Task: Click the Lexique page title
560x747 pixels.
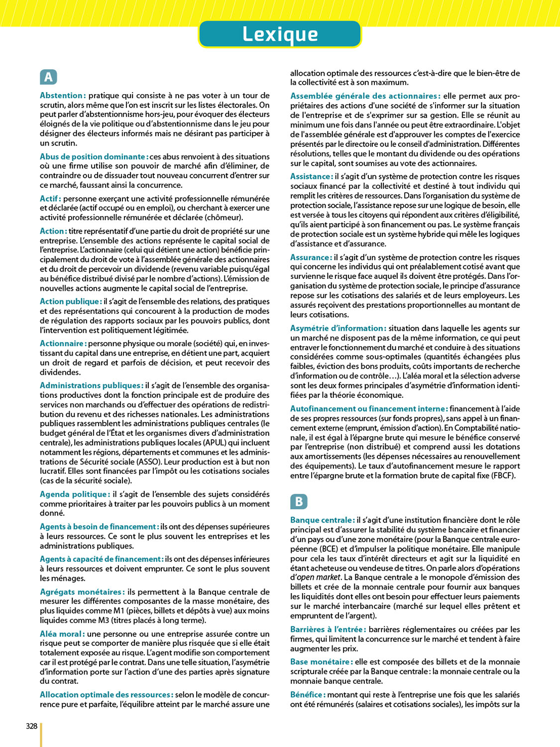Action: click(x=280, y=34)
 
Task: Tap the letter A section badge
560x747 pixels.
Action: click(x=48, y=77)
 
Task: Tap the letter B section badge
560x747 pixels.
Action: click(x=299, y=501)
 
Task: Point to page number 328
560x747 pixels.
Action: click(x=31, y=726)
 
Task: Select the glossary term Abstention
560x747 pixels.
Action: click(x=62, y=96)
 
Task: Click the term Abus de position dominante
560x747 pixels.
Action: click(x=94, y=156)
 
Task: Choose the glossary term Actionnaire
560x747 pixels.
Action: click(x=63, y=344)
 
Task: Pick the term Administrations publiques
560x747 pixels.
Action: click(x=91, y=385)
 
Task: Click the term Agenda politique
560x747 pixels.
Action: click(x=74, y=495)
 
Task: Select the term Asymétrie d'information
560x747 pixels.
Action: click(x=338, y=328)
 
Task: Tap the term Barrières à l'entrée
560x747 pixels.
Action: click(x=328, y=629)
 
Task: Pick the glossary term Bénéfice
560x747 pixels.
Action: click(x=308, y=695)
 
